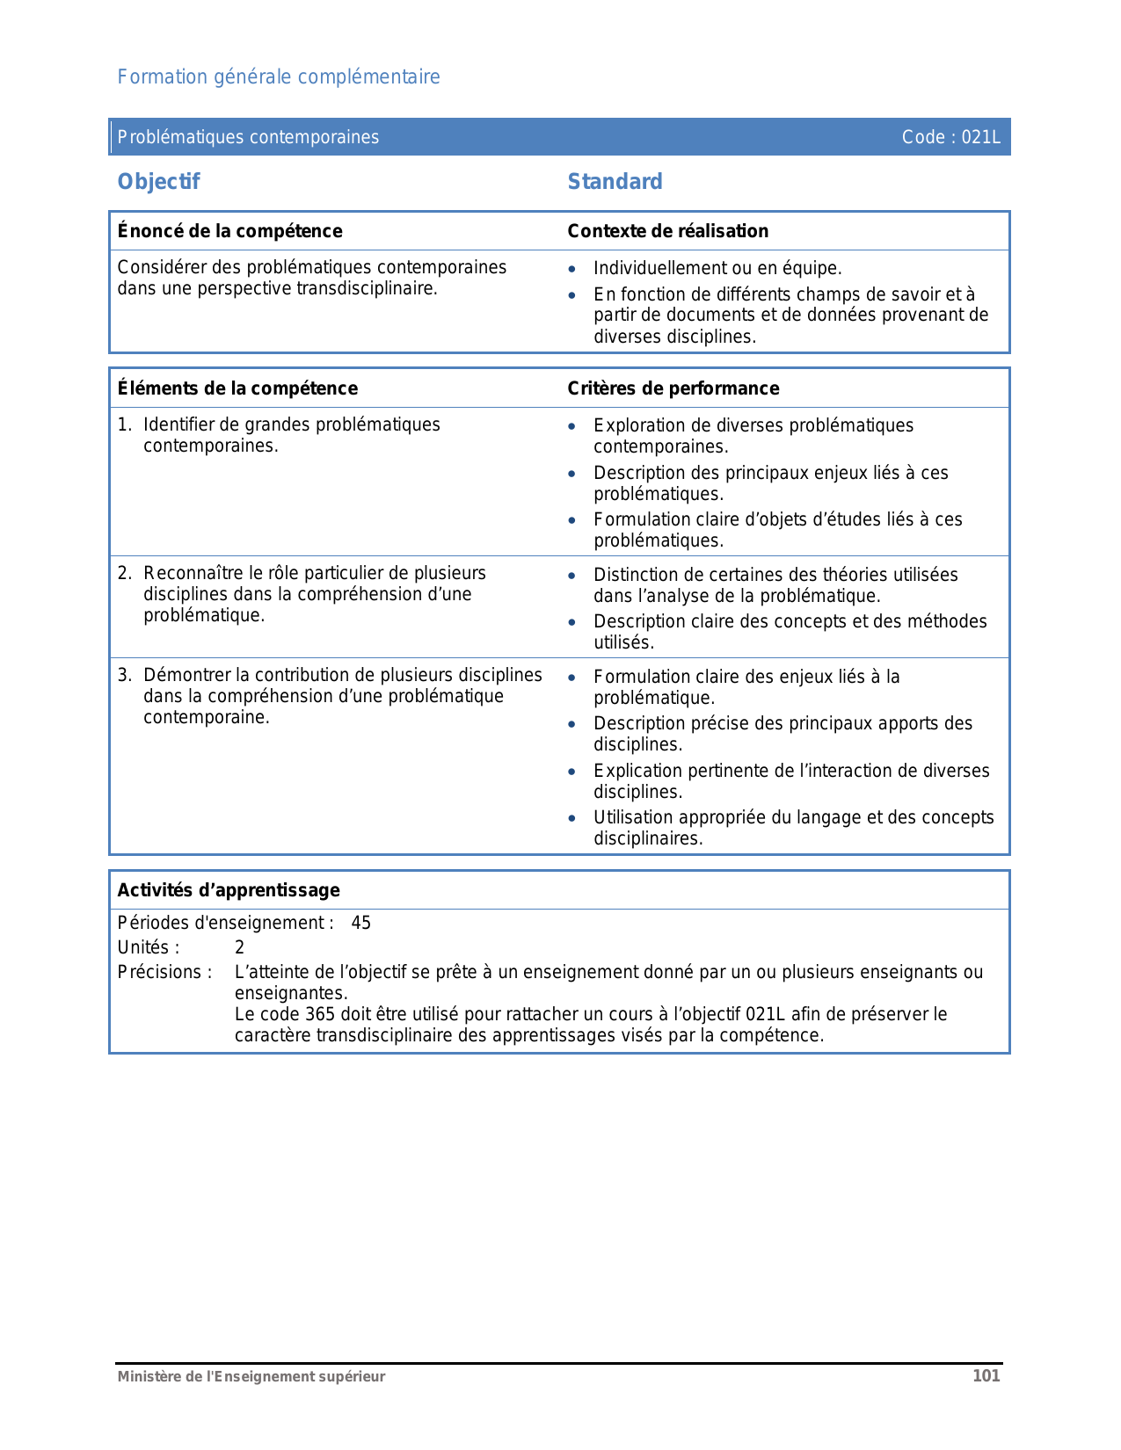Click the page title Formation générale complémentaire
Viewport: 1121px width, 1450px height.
click(279, 77)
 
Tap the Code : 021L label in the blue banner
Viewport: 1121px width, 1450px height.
click(950, 137)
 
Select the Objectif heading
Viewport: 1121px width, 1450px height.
click(159, 182)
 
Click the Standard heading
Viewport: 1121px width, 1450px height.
click(615, 182)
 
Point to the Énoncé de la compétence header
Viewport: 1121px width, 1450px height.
click(229, 231)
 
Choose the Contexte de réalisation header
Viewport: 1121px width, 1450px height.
click(667, 231)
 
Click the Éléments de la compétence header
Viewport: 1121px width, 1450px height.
click(237, 388)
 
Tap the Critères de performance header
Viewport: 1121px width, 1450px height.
click(673, 388)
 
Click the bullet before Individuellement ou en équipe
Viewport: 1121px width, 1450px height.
click(572, 270)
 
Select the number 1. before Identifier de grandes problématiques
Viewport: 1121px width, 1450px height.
click(125, 425)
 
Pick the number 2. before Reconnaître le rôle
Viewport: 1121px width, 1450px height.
click(125, 574)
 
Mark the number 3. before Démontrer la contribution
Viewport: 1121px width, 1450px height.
click(125, 676)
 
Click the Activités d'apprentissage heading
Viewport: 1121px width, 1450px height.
click(229, 890)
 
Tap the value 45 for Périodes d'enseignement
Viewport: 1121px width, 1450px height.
click(360, 924)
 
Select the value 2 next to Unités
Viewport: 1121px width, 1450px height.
click(239, 948)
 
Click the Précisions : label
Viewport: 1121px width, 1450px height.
click(164, 973)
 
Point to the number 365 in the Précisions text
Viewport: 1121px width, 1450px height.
click(319, 1015)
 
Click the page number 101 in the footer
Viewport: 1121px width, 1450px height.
click(986, 1376)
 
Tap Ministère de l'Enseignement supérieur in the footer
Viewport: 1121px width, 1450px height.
click(251, 1377)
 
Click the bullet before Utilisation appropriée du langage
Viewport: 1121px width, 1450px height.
click(572, 819)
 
